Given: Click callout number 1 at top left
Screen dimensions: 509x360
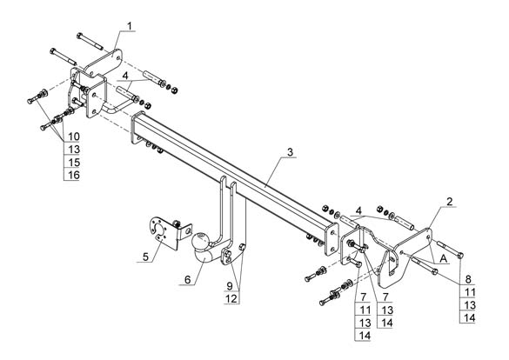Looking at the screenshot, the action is [x=130, y=25].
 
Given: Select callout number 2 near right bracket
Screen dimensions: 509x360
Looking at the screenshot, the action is [x=449, y=202].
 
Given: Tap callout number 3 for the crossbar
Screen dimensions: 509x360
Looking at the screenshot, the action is [x=290, y=152].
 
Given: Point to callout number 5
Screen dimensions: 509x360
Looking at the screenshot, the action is [x=145, y=257].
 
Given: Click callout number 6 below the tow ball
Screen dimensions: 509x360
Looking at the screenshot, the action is [x=188, y=280].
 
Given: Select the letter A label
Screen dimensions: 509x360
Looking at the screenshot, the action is [x=443, y=259].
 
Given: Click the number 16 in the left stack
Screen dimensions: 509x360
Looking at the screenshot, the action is [x=74, y=175].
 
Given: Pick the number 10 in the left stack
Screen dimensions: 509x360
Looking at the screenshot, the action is [x=74, y=137].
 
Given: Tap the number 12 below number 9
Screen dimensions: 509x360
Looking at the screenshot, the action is [x=231, y=298].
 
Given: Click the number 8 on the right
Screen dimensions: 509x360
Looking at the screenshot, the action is [x=468, y=279].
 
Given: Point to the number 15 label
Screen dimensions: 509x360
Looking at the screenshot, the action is [x=74, y=162].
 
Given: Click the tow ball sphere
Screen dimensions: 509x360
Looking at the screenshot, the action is [x=201, y=240].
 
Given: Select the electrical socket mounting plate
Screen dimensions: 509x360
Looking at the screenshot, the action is [x=164, y=232].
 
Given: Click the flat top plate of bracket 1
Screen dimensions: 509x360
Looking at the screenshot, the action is [x=104, y=63].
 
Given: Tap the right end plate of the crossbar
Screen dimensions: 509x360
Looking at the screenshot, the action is [x=332, y=239].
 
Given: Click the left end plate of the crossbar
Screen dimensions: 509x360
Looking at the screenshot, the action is [x=137, y=128].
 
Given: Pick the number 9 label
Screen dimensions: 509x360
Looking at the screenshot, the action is [x=230, y=286].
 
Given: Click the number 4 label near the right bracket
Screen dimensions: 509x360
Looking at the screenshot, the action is [x=358, y=210].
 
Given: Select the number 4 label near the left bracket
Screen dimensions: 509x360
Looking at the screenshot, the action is [x=125, y=76].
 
